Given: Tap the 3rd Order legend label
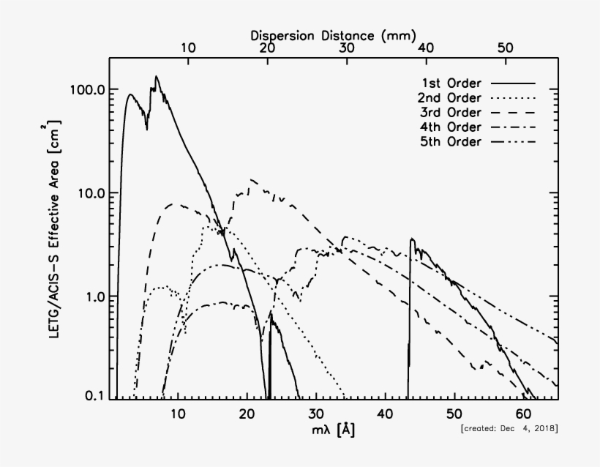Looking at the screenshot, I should [x=450, y=112].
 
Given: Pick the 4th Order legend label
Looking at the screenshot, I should [x=450, y=127].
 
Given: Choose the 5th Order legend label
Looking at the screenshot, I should [x=450, y=141].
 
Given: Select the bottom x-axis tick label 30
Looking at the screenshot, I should [x=316, y=414].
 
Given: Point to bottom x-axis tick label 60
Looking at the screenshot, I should [x=524, y=414].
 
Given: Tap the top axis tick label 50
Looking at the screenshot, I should [x=505, y=47].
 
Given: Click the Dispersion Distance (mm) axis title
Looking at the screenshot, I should [x=333, y=34].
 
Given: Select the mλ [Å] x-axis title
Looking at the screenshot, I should [x=333, y=430].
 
